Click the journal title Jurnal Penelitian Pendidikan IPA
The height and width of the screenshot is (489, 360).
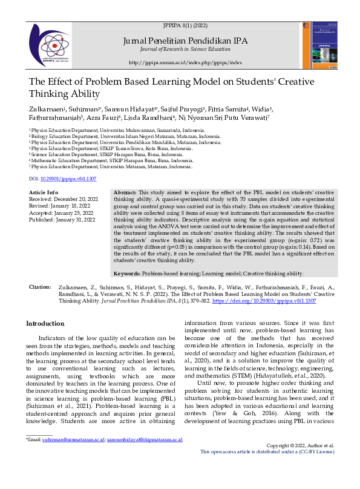tap(185, 41)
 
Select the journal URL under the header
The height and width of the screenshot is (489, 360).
tap(185, 62)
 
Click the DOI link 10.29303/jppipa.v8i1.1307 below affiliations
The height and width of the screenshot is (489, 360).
tap(68, 179)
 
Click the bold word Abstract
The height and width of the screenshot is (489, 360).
tap(125, 192)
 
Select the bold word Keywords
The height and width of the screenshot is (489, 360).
tap(128, 274)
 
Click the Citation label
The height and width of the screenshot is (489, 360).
tap(40, 286)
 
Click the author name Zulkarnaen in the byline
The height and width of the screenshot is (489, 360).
tap(47, 109)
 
